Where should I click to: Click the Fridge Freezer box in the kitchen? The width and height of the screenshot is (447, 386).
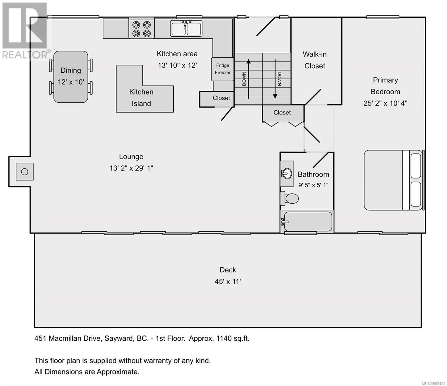click(x=222, y=69)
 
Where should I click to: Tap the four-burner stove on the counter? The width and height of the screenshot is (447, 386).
click(x=141, y=29)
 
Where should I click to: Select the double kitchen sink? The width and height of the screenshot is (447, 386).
click(x=186, y=28)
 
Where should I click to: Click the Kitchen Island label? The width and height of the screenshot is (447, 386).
click(x=141, y=98)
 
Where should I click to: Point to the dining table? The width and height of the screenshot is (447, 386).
click(x=71, y=77)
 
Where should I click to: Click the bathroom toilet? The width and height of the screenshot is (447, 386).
click(x=289, y=198)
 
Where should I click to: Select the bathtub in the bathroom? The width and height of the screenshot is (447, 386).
click(x=307, y=221)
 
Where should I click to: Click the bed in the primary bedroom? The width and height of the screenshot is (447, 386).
click(x=394, y=180)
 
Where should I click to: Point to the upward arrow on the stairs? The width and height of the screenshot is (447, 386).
click(x=248, y=79)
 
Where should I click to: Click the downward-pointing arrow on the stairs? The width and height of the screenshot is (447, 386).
click(x=275, y=79)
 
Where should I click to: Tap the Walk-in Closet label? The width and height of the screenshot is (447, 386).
click(x=315, y=60)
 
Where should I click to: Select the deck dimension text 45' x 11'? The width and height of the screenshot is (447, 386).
click(x=228, y=281)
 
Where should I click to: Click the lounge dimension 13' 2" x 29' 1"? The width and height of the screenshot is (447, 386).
click(x=131, y=168)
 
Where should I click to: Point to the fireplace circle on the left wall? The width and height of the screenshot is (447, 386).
click(x=24, y=172)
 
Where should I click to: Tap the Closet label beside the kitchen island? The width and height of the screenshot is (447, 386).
click(x=221, y=98)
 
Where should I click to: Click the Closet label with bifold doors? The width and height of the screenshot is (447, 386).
click(x=282, y=113)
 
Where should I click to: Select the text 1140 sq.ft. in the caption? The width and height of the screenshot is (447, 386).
click(x=233, y=338)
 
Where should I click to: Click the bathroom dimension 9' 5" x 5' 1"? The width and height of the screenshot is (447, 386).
click(x=313, y=185)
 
